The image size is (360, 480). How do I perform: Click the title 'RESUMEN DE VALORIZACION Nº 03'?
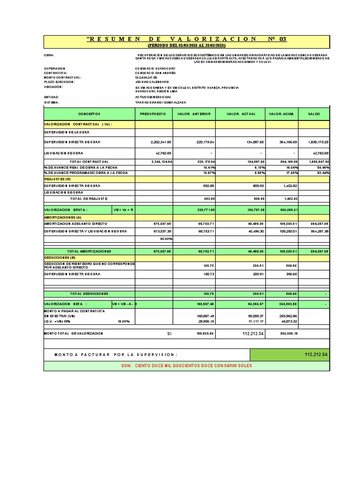tap(187, 39)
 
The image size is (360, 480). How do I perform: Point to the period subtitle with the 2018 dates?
tap(187, 45)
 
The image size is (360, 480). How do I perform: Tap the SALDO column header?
tap(314, 114)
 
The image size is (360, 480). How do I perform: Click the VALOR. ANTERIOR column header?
tap(194, 114)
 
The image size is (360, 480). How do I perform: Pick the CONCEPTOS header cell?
tap(89, 114)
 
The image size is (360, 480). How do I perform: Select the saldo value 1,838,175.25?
tap(319, 142)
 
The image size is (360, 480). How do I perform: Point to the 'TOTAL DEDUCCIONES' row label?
tap(89, 293)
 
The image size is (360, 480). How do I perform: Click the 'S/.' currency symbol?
tap(169, 333)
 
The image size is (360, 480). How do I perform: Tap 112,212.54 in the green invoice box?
tap(315, 355)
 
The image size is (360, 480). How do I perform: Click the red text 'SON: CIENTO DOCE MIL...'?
tap(187, 366)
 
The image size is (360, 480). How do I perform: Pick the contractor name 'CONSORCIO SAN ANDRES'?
tap(155, 73)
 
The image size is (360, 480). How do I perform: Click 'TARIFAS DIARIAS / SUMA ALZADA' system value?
tap(160, 102)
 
